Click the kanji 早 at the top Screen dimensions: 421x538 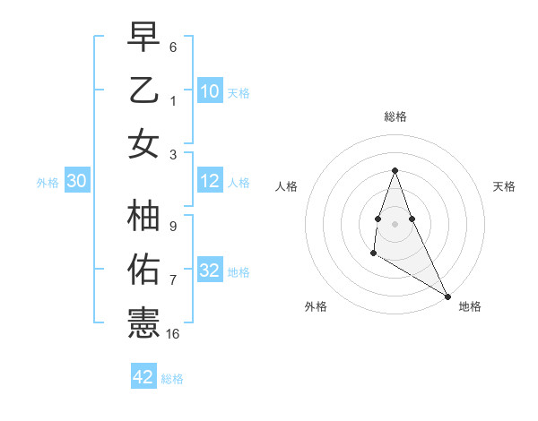[x=143, y=39]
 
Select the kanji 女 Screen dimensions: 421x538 [x=143, y=143]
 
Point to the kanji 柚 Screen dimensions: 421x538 [x=143, y=218]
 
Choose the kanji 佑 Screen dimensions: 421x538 [x=143, y=270]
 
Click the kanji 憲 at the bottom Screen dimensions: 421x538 [x=143, y=322]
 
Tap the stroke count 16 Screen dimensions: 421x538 [x=173, y=334]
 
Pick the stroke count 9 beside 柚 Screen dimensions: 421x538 [x=173, y=228]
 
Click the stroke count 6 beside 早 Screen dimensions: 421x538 [x=173, y=47]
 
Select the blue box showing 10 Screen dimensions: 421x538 [x=210, y=91]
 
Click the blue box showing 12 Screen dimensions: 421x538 [x=210, y=182]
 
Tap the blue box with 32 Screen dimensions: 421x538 [x=210, y=271]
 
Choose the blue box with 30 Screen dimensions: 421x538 [x=76, y=182]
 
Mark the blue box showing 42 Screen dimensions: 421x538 [x=143, y=377]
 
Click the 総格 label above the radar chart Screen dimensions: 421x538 [x=395, y=116]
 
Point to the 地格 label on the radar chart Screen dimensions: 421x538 [x=470, y=306]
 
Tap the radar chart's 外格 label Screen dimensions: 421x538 [x=316, y=306]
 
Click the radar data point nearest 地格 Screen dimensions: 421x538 [x=448, y=296]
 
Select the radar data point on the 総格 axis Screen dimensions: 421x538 [x=395, y=170]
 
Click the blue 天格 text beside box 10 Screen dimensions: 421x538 [x=239, y=93]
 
